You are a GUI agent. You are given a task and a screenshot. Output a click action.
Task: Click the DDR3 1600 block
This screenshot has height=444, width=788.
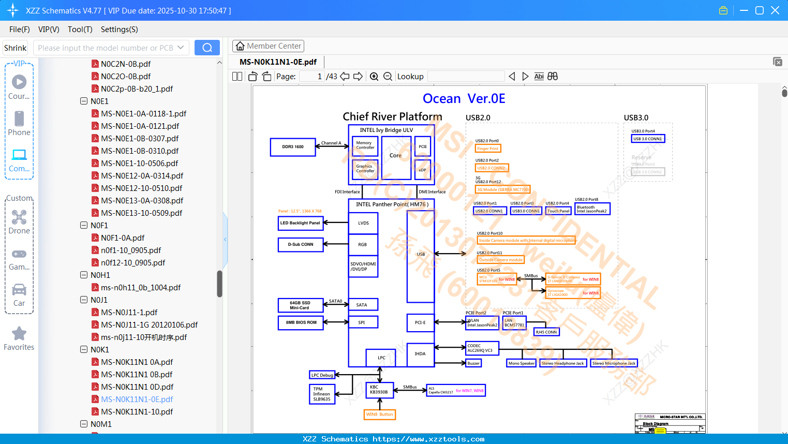(293, 147)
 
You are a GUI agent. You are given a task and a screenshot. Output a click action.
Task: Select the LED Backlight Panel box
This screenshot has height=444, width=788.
(301, 223)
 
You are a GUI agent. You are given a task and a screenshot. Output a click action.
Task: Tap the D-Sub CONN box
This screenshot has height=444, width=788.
(301, 244)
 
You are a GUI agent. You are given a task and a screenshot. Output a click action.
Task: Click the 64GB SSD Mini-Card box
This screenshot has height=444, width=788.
(300, 305)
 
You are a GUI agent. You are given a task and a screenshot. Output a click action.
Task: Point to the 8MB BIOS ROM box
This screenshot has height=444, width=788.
(301, 322)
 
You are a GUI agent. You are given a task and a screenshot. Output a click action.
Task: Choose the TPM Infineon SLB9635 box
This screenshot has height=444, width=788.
(322, 394)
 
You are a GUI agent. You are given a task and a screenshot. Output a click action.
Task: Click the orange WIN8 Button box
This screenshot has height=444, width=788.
(380, 415)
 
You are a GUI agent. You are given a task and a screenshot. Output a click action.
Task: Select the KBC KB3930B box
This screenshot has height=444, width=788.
(379, 390)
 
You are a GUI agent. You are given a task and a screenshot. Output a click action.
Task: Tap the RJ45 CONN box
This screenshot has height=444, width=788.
(546, 332)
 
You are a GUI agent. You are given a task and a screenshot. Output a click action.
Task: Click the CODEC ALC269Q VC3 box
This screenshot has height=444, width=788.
(482, 348)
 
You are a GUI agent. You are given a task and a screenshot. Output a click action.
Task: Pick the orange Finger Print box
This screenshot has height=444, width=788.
(488, 149)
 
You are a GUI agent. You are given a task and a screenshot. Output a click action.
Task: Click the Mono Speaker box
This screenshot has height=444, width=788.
(522, 363)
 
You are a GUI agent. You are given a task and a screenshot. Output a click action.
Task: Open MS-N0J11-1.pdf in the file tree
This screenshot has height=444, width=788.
(129, 313)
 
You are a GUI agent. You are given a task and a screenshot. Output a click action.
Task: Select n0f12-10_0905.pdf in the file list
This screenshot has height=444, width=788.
(133, 263)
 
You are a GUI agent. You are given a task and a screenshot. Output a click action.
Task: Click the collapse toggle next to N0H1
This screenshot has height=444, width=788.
(84, 275)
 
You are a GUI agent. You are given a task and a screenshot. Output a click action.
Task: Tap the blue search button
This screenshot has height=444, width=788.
(207, 48)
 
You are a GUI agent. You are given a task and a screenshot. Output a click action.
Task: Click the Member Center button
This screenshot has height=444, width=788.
(268, 46)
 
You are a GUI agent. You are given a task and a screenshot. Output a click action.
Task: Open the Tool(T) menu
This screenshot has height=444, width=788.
(80, 29)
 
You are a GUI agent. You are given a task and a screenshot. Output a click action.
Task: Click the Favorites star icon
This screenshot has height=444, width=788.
(19, 334)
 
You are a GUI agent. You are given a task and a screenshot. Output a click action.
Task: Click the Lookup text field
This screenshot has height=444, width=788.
(466, 77)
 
